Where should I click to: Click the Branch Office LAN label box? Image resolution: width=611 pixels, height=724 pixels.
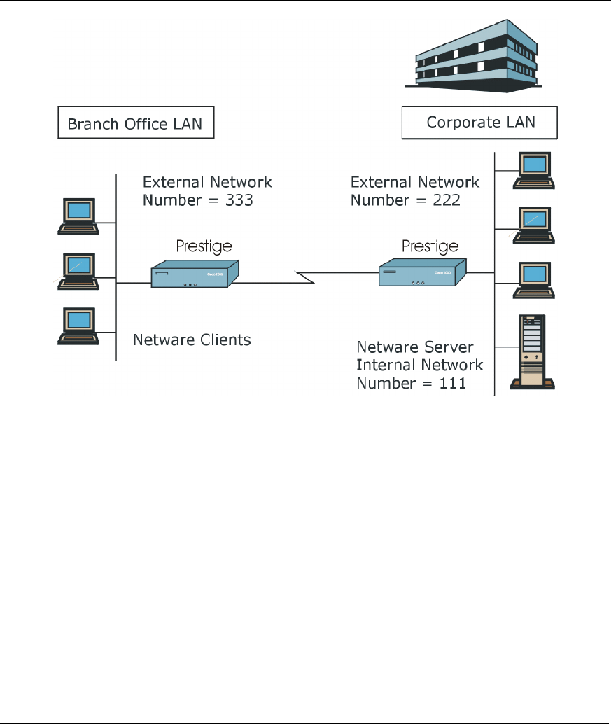pyautogui.click(x=135, y=125)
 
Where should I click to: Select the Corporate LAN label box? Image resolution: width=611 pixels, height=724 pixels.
pyautogui.click(x=479, y=123)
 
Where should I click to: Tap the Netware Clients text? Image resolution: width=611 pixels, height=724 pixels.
pyautogui.click(x=192, y=340)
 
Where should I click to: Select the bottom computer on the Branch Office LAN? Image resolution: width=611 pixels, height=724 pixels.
pyautogui.click(x=78, y=326)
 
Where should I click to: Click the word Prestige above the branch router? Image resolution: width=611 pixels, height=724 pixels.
pyautogui.click(x=203, y=246)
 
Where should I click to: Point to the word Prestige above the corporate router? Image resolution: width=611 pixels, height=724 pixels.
pyautogui.click(x=430, y=246)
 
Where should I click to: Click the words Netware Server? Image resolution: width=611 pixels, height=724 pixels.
pyautogui.click(x=415, y=347)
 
